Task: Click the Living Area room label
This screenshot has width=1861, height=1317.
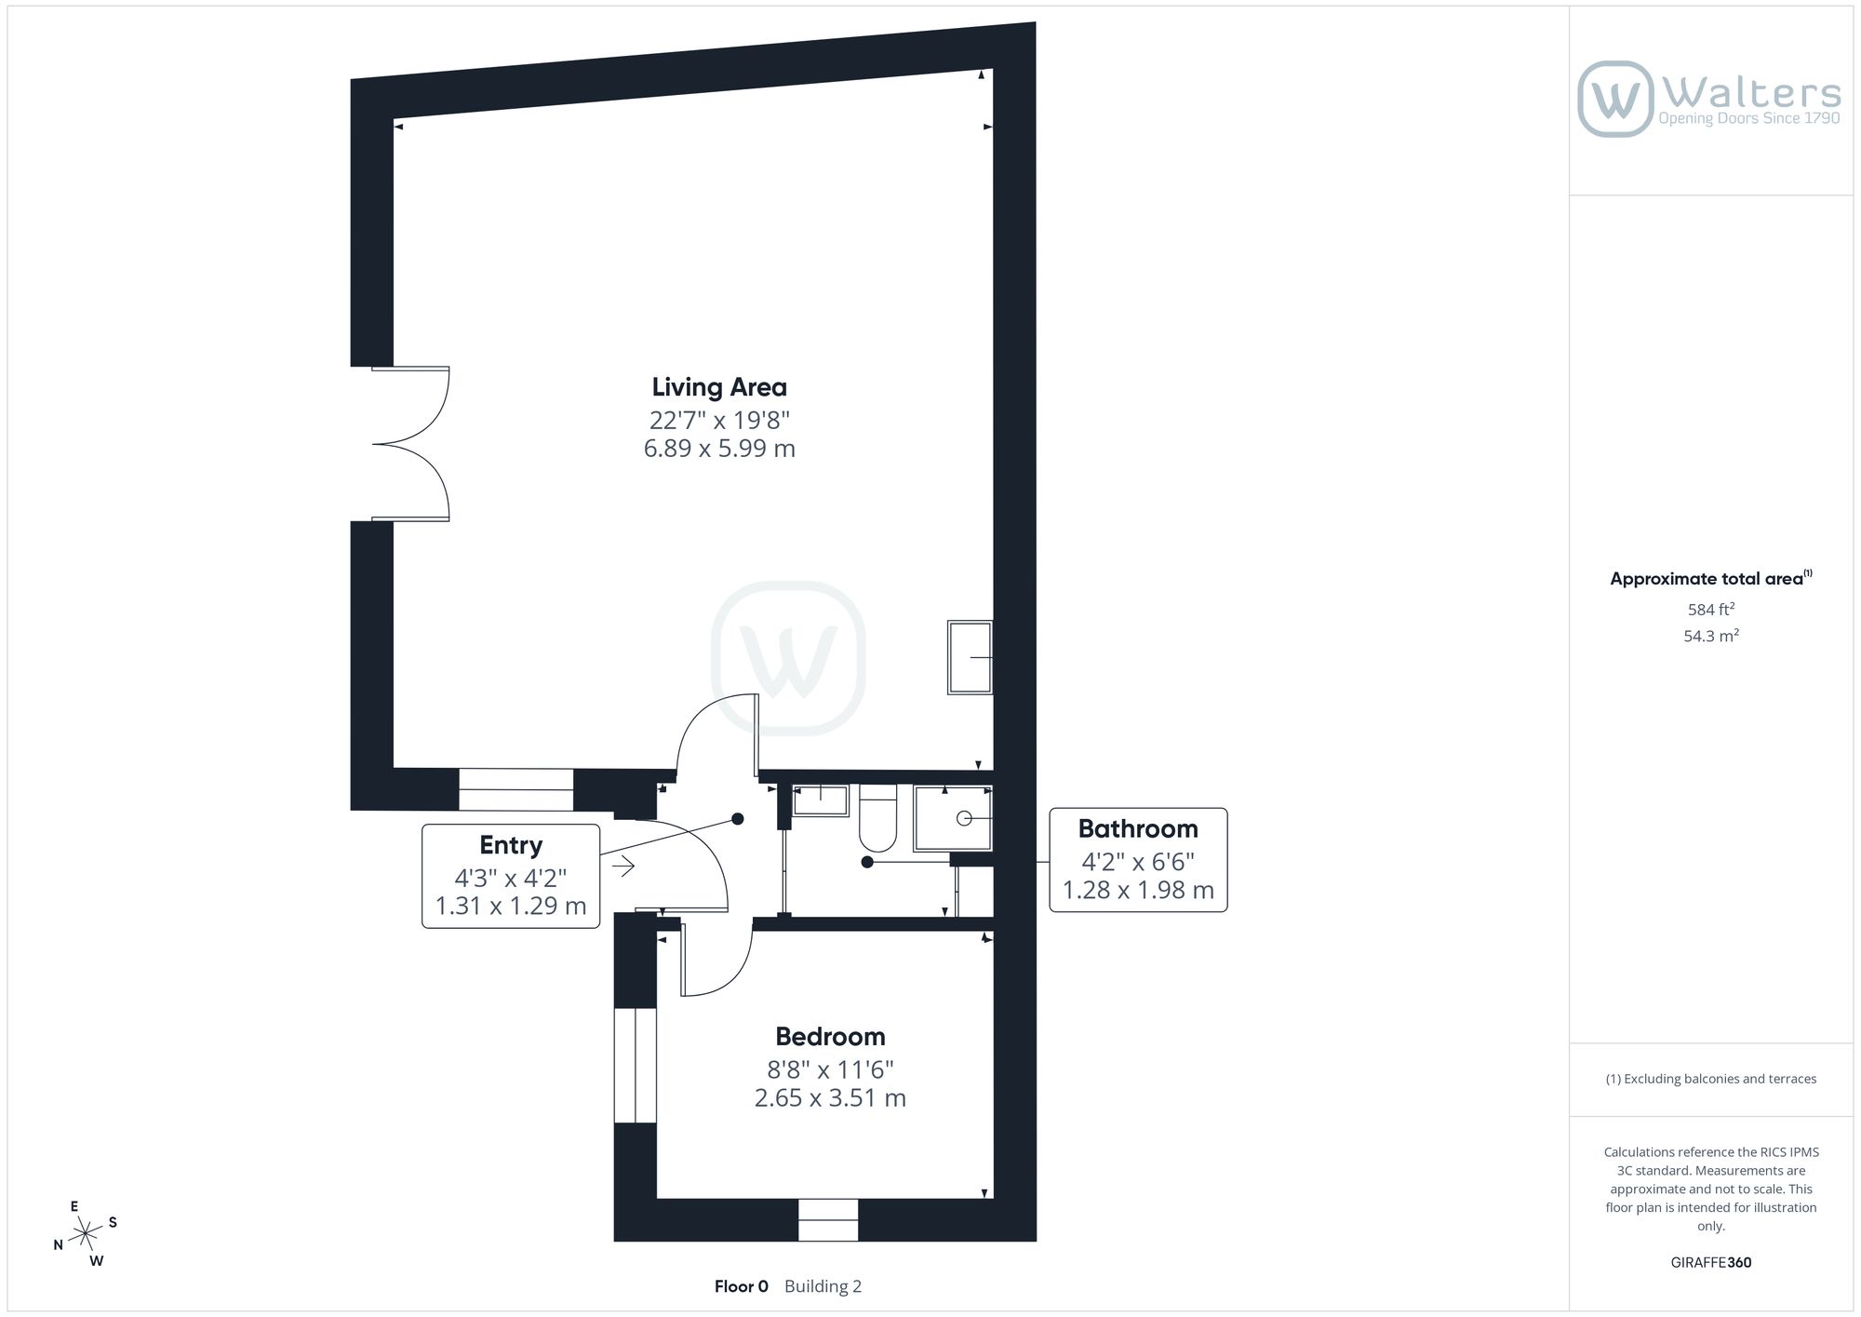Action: (x=719, y=387)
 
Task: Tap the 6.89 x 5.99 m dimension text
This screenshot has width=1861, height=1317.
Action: (x=719, y=449)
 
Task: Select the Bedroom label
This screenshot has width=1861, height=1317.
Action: (x=830, y=1036)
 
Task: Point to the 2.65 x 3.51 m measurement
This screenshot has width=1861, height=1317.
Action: (x=830, y=1098)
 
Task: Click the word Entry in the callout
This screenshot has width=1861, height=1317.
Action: (x=511, y=845)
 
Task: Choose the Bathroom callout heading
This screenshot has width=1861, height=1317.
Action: (x=1138, y=828)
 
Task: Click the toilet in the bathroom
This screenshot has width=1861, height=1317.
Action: (x=877, y=819)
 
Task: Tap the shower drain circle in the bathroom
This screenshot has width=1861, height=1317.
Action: (x=964, y=818)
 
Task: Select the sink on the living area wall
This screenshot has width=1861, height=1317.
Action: (x=970, y=657)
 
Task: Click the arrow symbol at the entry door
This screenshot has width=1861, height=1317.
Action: (x=623, y=867)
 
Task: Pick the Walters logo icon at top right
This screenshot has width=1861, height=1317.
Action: (x=1616, y=99)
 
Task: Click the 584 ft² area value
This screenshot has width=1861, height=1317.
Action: (x=1711, y=610)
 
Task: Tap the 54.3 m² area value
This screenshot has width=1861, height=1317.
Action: (x=1711, y=637)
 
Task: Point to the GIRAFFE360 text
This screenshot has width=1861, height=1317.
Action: (x=1711, y=1263)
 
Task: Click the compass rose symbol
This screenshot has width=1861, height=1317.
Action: (x=86, y=1234)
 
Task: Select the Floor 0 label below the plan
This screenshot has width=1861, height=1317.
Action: (x=742, y=1286)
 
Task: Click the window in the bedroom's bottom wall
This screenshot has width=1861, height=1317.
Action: (x=828, y=1219)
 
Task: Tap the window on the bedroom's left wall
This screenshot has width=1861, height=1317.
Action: (x=636, y=1066)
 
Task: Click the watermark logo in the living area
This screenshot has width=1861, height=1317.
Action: (x=788, y=658)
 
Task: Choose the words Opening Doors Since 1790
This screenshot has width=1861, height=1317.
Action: (x=1749, y=119)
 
